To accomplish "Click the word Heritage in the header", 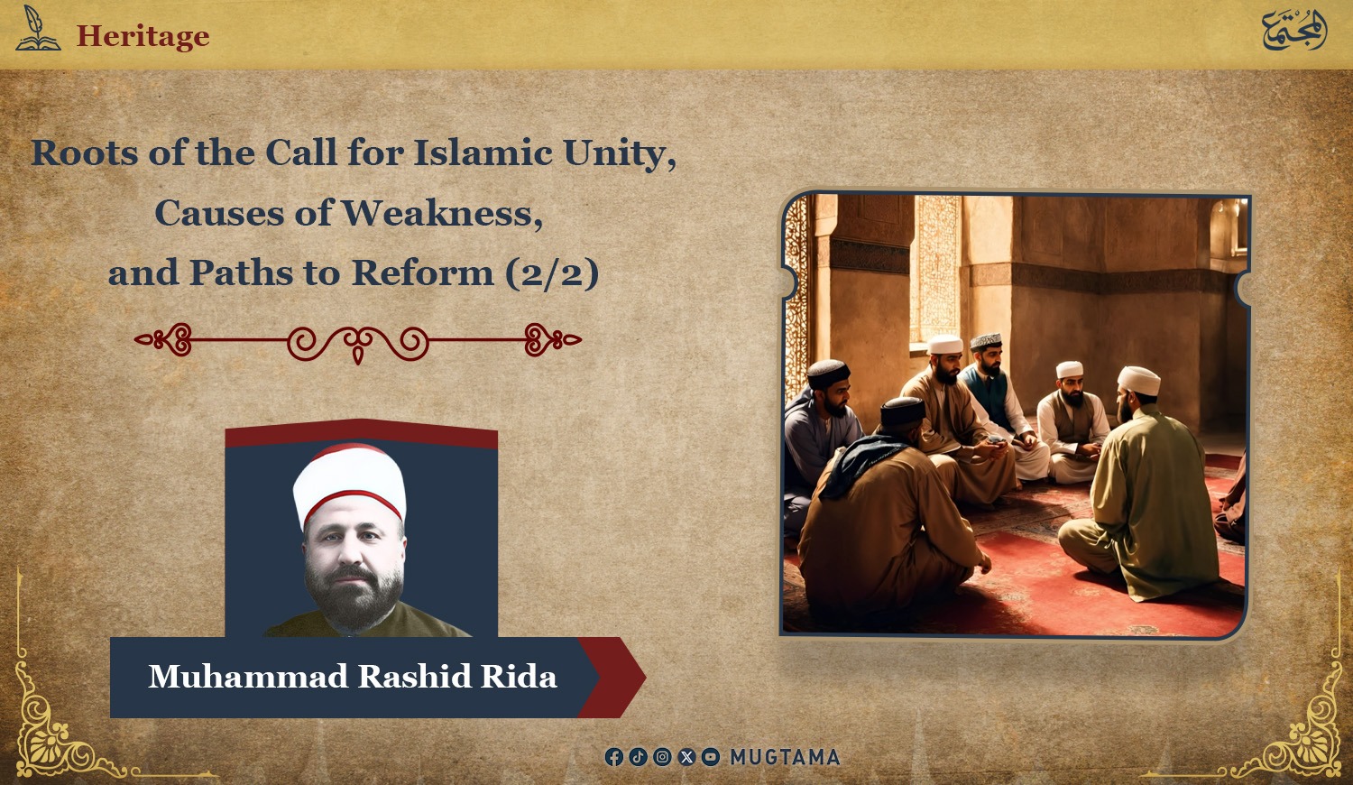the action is pyautogui.click(x=143, y=36).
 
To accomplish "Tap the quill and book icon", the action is pyautogui.click(x=38, y=28).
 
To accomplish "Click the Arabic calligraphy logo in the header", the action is pyautogui.click(x=1293, y=30).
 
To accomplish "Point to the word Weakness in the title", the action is pyautogui.click(x=443, y=213).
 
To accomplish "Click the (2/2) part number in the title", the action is pyautogui.click(x=552, y=273).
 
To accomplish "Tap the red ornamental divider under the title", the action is pyautogui.click(x=358, y=342).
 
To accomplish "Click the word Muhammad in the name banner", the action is pyautogui.click(x=248, y=676).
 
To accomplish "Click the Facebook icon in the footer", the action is pyautogui.click(x=613, y=757).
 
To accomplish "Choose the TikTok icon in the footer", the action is pyautogui.click(x=638, y=757).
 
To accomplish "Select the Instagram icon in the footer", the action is pyautogui.click(x=662, y=757).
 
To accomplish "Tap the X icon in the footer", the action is pyautogui.click(x=686, y=757).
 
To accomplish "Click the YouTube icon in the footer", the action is pyautogui.click(x=711, y=757).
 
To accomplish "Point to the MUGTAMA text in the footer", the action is pyautogui.click(x=786, y=757).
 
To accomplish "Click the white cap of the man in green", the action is pyautogui.click(x=1138, y=380).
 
